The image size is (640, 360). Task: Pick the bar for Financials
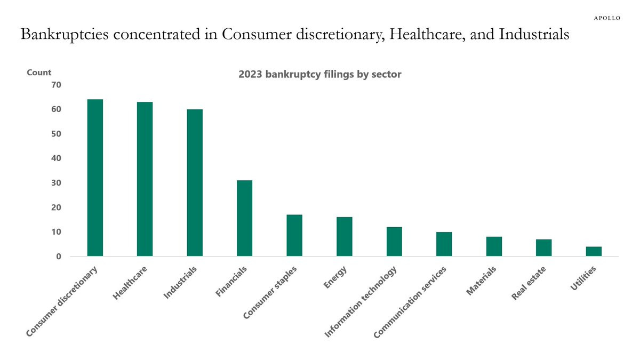[x=244, y=218]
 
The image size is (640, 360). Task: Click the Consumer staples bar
[x=294, y=235]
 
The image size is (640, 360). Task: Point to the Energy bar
[x=344, y=236]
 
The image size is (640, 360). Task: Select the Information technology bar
[x=394, y=242]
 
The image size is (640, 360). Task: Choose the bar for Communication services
[x=444, y=244]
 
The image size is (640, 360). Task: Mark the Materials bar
[x=494, y=246]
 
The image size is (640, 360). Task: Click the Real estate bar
[x=543, y=247]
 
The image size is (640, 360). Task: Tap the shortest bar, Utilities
[x=594, y=251]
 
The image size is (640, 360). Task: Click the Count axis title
[x=39, y=73]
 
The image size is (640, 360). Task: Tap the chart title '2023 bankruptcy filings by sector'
[x=319, y=75]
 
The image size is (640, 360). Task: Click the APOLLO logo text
[x=607, y=18]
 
